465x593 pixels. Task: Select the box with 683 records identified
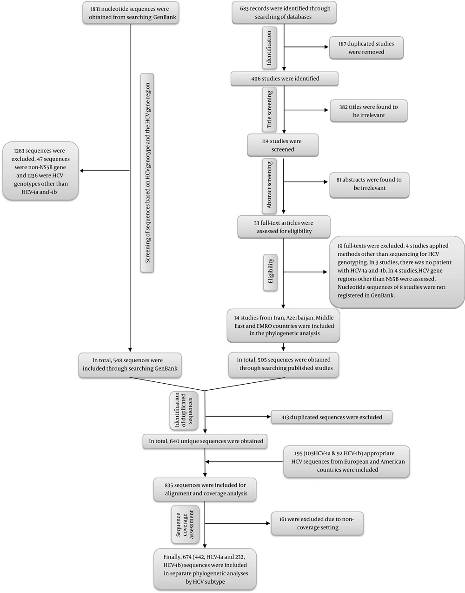click(x=284, y=13)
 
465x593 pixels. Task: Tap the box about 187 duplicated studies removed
click(x=366, y=48)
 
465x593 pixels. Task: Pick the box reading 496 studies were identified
click(x=284, y=79)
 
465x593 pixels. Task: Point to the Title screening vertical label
click(x=270, y=109)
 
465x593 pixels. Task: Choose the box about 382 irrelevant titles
click(x=368, y=111)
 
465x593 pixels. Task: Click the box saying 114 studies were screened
click(x=283, y=145)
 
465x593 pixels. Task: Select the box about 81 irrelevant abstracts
click(x=369, y=184)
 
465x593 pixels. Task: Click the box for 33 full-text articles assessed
click(x=284, y=227)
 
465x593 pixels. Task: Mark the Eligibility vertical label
click(x=271, y=272)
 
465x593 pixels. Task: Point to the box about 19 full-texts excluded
click(x=397, y=272)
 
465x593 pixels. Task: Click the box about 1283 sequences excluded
click(x=40, y=171)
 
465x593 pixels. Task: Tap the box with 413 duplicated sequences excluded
click(x=332, y=417)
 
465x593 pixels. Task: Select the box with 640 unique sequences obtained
click(x=206, y=441)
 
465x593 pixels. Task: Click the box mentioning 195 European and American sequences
click(x=346, y=461)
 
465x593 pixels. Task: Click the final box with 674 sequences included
click(x=205, y=569)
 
